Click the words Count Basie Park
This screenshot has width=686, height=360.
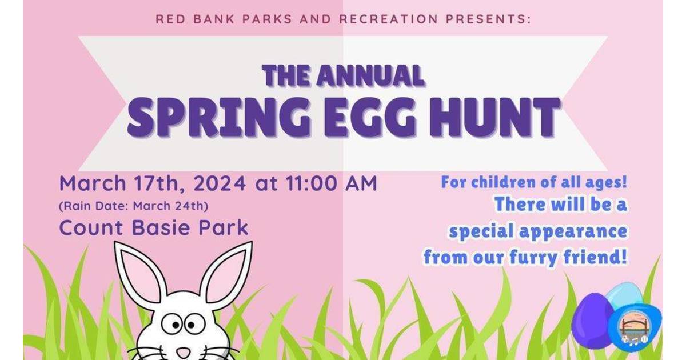coord(154,227)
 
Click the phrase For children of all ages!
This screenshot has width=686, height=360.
coord(534,183)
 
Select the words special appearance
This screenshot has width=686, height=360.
coord(537,232)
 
